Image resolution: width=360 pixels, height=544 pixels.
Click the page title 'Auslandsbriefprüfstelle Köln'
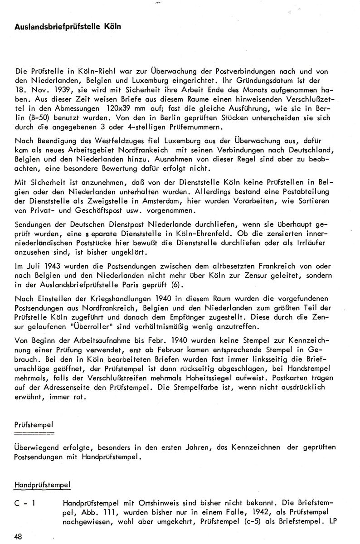click(x=68, y=27)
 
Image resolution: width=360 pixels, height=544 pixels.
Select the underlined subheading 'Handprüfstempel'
click(x=43, y=485)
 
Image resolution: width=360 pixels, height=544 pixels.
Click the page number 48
click(x=18, y=537)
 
